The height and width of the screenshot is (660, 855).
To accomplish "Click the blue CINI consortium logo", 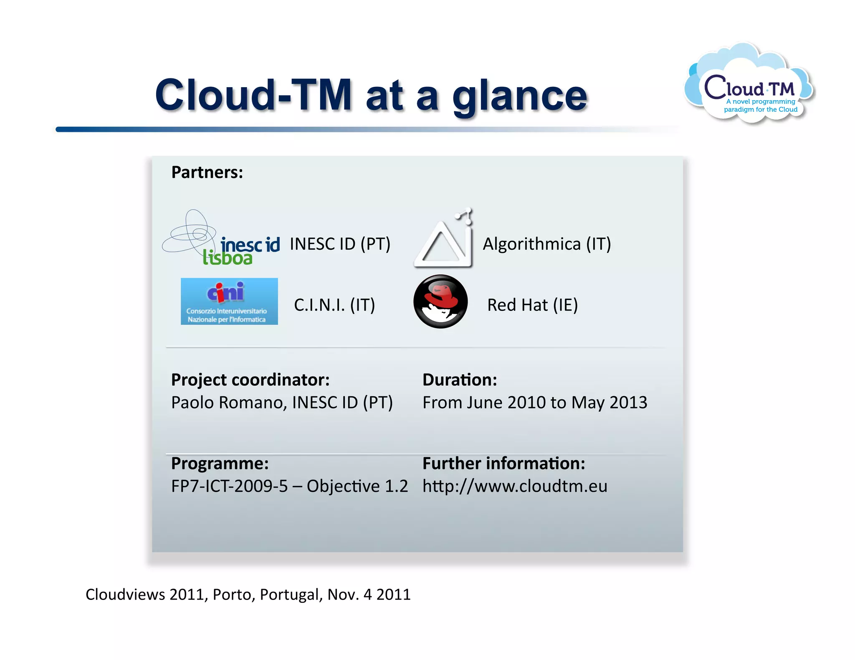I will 229,301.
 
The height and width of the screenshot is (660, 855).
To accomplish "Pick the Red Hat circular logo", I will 440,301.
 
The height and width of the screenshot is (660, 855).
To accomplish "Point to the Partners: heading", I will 207,172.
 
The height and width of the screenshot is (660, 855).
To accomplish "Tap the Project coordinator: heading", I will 250,380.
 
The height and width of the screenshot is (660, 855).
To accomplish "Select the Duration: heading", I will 460,380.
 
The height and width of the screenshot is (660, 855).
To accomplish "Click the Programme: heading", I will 220,463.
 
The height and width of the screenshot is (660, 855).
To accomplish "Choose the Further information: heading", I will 504,463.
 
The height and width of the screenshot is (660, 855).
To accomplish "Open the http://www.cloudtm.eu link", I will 515,486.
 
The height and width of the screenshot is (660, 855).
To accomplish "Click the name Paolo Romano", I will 229,403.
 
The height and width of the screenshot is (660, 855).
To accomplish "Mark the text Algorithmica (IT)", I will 547,244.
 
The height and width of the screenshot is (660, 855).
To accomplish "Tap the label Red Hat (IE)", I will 532,305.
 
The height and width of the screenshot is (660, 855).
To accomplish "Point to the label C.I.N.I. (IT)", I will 334,305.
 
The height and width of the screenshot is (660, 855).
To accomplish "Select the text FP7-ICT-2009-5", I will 230,486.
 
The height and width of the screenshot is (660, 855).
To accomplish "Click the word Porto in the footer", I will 234,595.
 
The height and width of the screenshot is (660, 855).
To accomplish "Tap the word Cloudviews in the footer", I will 125,595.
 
